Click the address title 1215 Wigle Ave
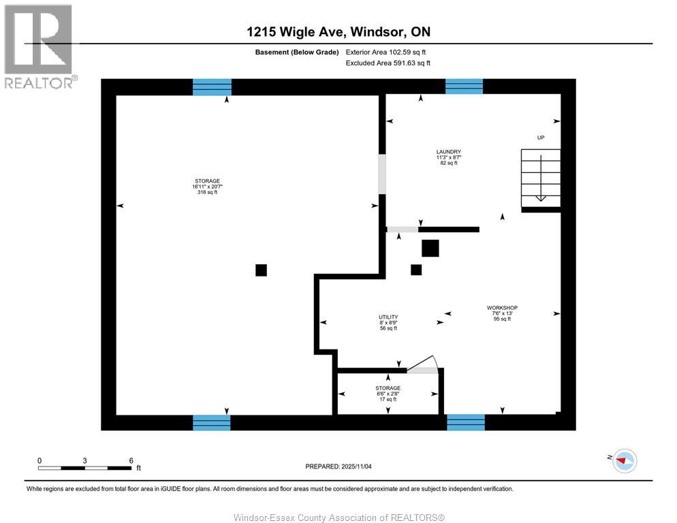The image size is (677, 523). point(338,32)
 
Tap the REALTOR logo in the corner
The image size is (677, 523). point(40,46)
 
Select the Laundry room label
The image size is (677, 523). point(449,157)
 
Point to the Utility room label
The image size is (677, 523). point(388,322)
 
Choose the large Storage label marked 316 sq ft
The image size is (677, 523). point(207,187)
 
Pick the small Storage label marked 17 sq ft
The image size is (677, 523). point(388,394)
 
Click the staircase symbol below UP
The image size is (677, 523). point(541,176)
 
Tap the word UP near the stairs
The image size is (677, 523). point(541,138)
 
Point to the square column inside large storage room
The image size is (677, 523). point(261,270)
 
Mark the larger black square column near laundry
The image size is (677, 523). point(430,248)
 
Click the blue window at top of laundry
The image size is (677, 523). point(464,86)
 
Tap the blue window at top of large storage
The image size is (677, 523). point(212,86)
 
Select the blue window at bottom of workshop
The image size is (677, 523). point(465,422)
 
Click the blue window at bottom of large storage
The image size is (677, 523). point(211,422)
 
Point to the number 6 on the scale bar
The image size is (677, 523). point(131,460)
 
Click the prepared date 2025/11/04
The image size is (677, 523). point(338,466)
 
